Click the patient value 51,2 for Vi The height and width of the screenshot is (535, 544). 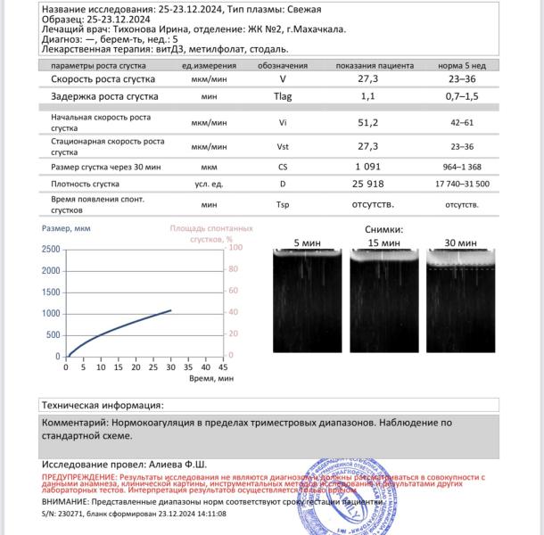pyautogui.click(x=368, y=123)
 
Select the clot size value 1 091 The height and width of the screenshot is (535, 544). pyautogui.click(x=368, y=167)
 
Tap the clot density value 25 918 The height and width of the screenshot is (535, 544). pyautogui.click(x=368, y=184)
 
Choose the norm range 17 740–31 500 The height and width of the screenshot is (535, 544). pyautogui.click(x=462, y=184)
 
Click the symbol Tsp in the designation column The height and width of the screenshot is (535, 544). pyautogui.click(x=284, y=204)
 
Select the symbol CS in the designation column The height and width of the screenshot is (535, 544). pyautogui.click(x=284, y=167)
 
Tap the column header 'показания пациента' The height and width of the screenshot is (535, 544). pyautogui.click(x=375, y=66)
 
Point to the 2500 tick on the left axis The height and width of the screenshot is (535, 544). pyautogui.click(x=51, y=249)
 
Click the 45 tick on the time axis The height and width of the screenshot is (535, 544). pyautogui.click(x=224, y=366)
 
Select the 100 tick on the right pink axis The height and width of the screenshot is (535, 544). pyautogui.click(x=233, y=249)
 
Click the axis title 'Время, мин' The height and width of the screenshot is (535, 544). pyautogui.click(x=212, y=378)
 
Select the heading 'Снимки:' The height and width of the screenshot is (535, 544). pyautogui.click(x=385, y=228)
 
